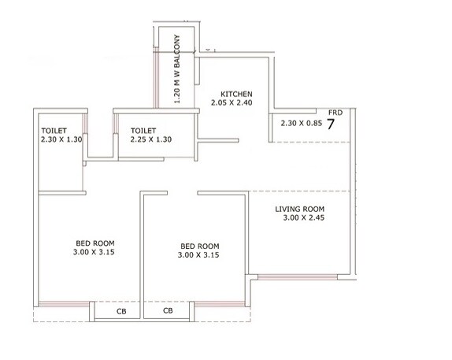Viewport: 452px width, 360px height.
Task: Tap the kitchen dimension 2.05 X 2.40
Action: (231, 102)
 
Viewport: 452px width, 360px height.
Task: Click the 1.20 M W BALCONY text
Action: (178, 69)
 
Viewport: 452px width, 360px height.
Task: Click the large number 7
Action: (332, 123)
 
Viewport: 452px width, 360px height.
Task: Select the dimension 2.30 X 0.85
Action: (302, 123)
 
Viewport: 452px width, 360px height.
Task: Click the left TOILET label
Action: (54, 131)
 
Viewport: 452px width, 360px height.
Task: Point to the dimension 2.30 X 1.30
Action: (60, 139)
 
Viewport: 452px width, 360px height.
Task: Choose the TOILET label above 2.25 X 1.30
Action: (145, 131)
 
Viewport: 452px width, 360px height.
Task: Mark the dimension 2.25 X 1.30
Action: (151, 139)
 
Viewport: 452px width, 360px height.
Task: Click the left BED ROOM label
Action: (93, 243)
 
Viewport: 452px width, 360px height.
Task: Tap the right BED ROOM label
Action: (199, 246)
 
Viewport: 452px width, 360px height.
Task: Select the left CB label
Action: (121, 311)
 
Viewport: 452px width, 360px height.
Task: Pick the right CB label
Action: (169, 311)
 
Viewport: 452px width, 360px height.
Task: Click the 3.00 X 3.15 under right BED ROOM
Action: (199, 255)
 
